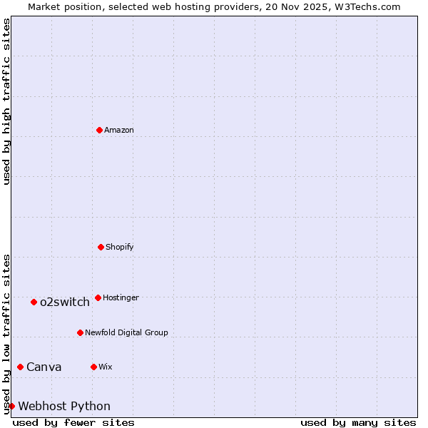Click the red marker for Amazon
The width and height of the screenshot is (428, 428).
[99, 130]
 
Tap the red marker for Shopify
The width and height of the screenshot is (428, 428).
[101, 247]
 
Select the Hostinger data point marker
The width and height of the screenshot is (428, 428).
[98, 297]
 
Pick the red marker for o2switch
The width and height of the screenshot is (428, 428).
[34, 302]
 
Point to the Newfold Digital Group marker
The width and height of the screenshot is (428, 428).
[80, 332]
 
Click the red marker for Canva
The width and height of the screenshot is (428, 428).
[20, 367]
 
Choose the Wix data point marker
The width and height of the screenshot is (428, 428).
[93, 367]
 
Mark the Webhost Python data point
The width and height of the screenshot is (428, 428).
[11, 406]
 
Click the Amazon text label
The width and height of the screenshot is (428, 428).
[119, 130]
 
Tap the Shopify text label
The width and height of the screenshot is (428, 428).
[120, 247]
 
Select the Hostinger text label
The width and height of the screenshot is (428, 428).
[121, 297]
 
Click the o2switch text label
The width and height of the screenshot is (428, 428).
[65, 302]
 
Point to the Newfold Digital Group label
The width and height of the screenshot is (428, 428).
[126, 332]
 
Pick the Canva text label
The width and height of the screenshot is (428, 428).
[44, 367]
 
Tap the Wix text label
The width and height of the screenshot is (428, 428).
[106, 367]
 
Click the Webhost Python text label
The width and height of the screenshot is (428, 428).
[64, 407]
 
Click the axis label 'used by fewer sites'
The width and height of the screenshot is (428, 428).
[73, 422]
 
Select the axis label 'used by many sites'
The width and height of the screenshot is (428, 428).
[358, 422]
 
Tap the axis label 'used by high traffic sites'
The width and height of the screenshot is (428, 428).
[6, 101]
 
